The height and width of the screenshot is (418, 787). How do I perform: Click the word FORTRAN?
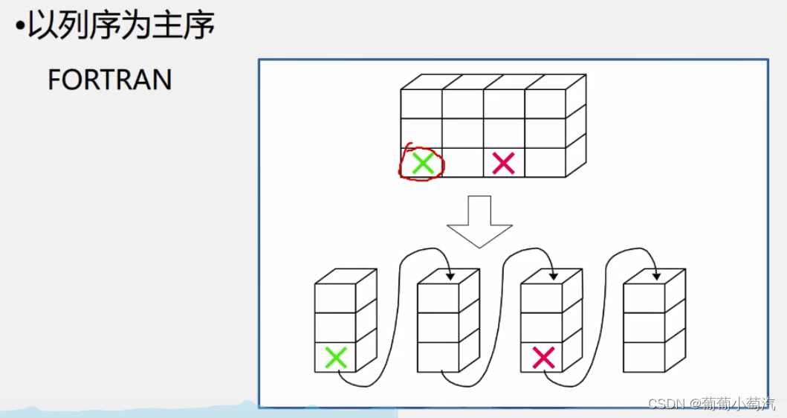coord(109,80)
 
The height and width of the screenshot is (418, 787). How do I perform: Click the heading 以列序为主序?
coord(121,26)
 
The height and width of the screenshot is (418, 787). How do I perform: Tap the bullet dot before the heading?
coord(20,28)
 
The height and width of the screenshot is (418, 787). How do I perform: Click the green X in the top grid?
coord(422,163)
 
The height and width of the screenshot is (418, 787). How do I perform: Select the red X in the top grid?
coord(503,163)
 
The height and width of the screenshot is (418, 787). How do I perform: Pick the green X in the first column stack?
coord(336,358)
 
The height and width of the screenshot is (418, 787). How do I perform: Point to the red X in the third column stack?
coord(543,358)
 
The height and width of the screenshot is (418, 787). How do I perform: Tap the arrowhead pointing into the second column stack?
coord(450,277)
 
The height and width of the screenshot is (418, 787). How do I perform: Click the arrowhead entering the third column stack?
coord(554,277)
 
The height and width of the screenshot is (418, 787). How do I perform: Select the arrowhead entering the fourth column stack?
coord(656,277)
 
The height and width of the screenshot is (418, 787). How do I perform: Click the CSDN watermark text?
coord(711,403)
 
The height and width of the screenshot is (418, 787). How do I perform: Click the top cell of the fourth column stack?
coord(644,298)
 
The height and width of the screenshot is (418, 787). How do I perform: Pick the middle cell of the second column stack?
coord(438,327)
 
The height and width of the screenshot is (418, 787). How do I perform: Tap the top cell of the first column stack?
coord(335,298)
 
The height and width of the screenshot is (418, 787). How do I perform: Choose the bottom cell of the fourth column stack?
coord(644,357)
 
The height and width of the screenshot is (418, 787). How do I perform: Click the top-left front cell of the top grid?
coord(421,103)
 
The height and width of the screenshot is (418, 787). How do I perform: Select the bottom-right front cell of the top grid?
coord(545,162)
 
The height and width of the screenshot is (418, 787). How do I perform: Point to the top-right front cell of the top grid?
coord(545,103)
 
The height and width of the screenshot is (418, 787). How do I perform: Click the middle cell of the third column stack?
coord(541,327)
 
